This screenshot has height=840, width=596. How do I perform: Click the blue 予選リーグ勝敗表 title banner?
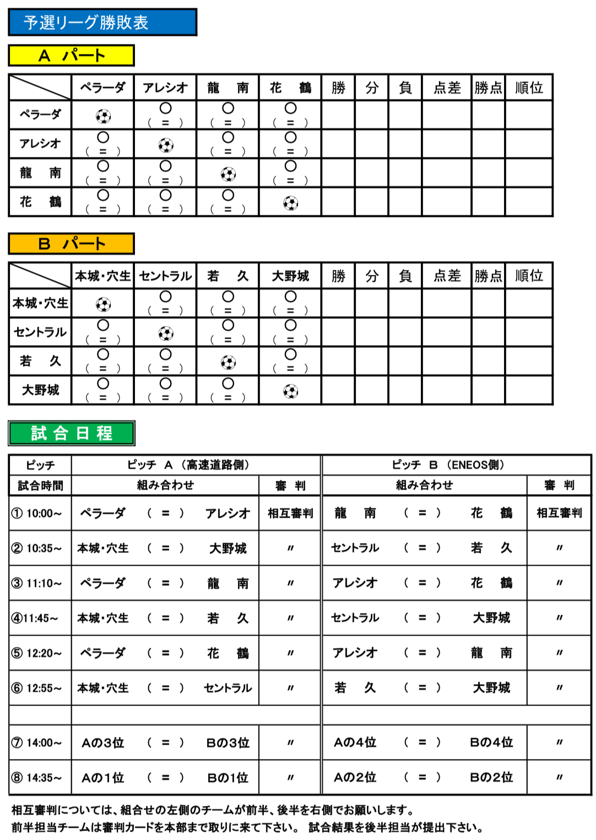(102, 22)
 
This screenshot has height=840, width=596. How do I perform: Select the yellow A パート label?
(71, 56)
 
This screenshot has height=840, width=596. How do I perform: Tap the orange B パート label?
(71, 244)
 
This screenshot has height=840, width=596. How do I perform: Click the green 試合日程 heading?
(72, 433)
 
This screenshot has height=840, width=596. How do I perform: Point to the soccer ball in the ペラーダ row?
(103, 116)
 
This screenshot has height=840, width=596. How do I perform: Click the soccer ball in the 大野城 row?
(290, 391)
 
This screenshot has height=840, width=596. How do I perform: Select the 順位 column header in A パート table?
(529, 88)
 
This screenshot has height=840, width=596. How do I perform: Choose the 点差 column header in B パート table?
(447, 276)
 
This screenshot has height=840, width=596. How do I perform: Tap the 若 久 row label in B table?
(40, 361)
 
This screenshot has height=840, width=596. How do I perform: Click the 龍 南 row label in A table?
(40, 173)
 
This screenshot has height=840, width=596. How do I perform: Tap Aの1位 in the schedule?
(103, 778)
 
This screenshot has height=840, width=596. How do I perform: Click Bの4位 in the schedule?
(491, 743)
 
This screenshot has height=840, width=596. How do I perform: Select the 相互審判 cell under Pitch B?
(559, 513)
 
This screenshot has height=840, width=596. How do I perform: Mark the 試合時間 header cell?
(40, 485)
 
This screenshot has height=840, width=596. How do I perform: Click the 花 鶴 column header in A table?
(290, 88)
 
